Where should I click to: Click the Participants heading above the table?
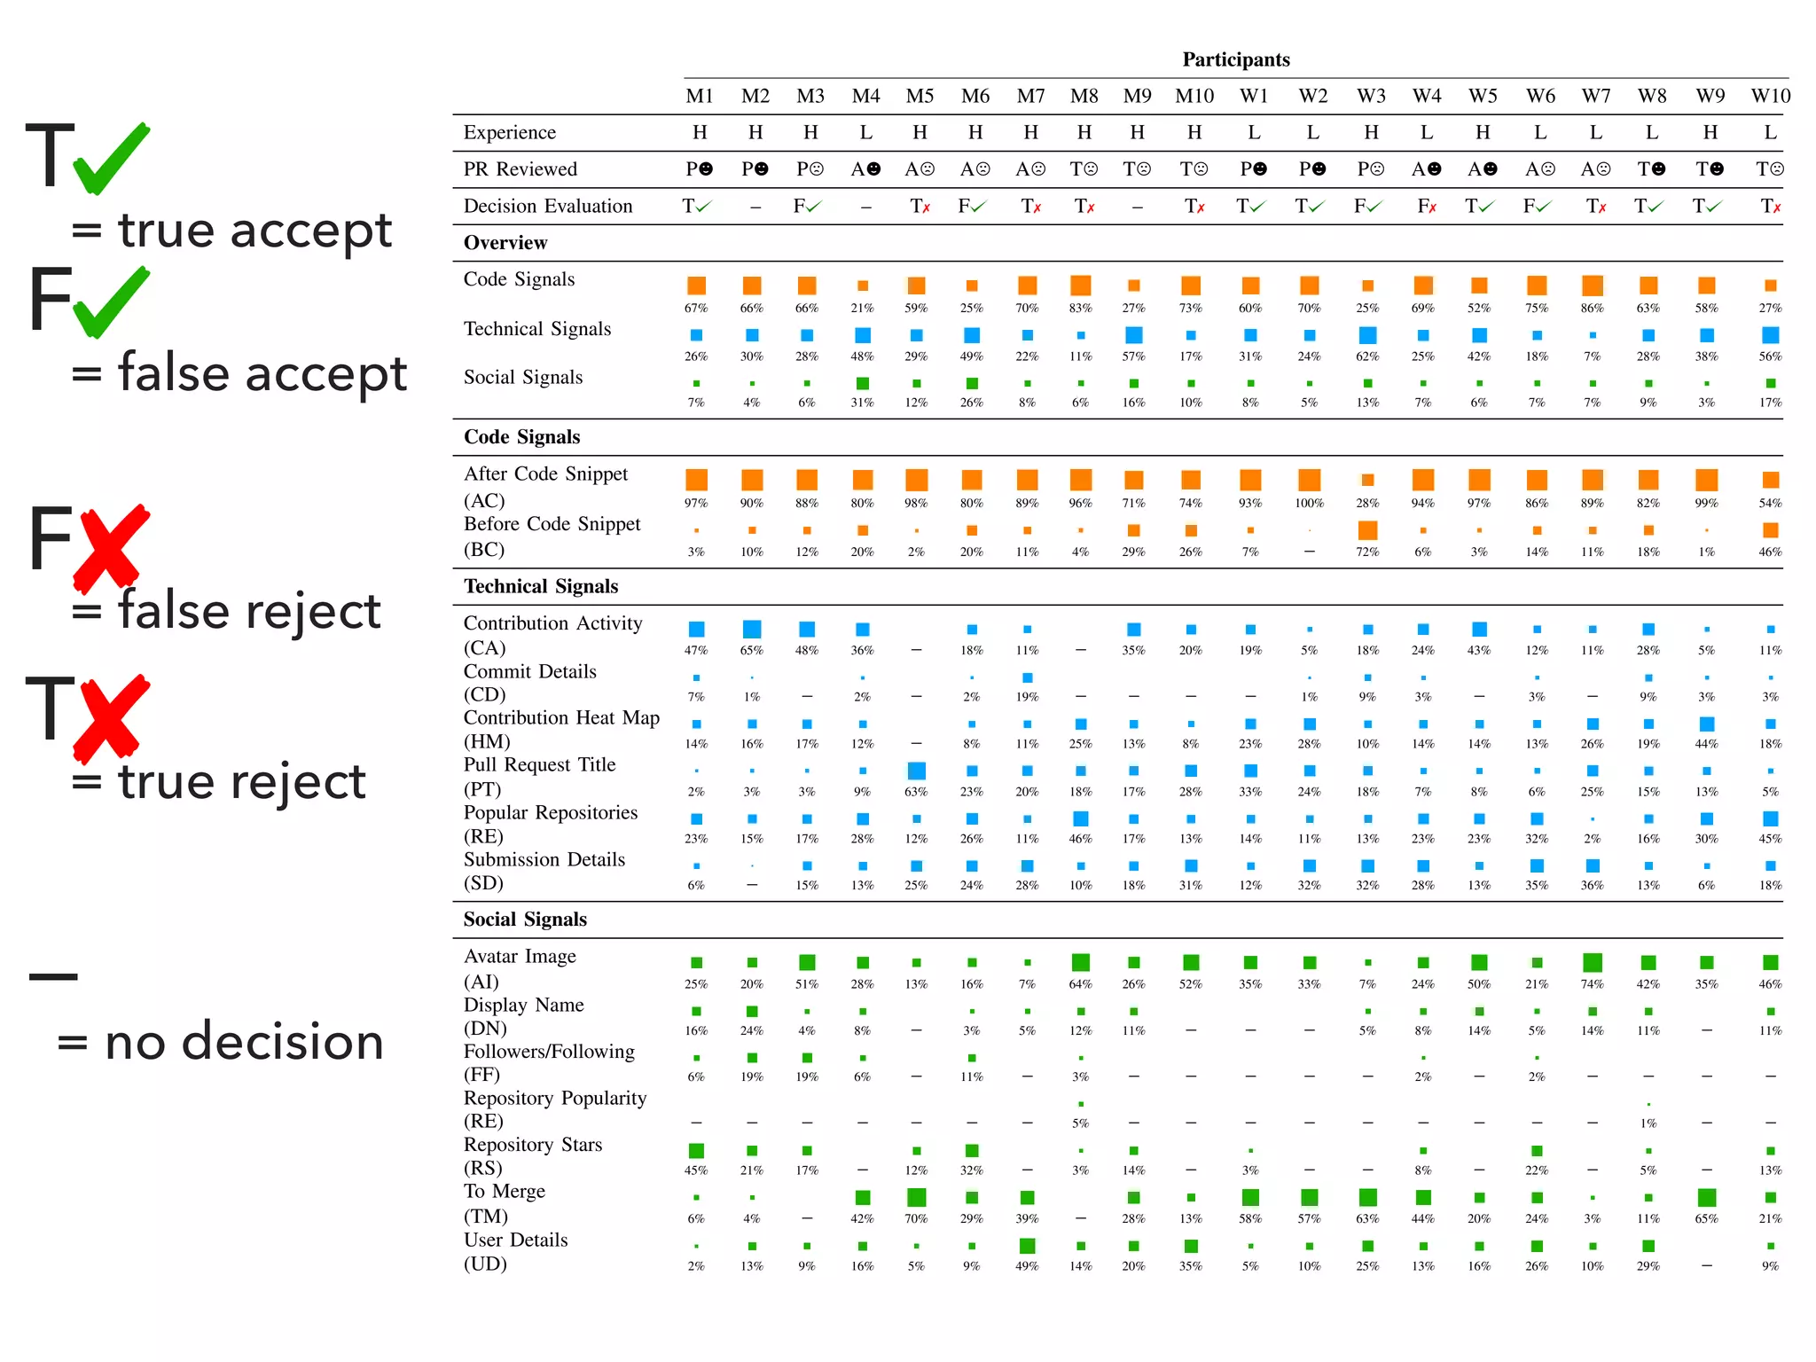tap(1235, 59)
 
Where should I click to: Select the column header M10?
tap(1194, 96)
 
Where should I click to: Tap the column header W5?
tap(1482, 96)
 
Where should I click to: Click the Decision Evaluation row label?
tap(547, 206)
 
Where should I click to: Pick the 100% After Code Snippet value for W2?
tap(1309, 503)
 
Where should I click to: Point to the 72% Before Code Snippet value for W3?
tap(1366, 552)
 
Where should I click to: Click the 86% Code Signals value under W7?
tap(1592, 308)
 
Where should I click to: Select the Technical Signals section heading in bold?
tap(540, 586)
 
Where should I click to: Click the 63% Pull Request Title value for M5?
tap(916, 791)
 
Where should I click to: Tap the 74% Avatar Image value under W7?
tap(1592, 983)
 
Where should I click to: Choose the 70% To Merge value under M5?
tap(916, 1218)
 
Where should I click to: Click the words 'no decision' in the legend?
tap(244, 1041)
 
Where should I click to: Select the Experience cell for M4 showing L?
tap(865, 132)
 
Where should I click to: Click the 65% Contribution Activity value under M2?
tap(751, 650)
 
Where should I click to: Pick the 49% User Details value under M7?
tap(1027, 1265)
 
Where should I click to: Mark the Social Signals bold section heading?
tap(524, 920)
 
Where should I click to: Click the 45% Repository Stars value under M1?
tap(696, 1170)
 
